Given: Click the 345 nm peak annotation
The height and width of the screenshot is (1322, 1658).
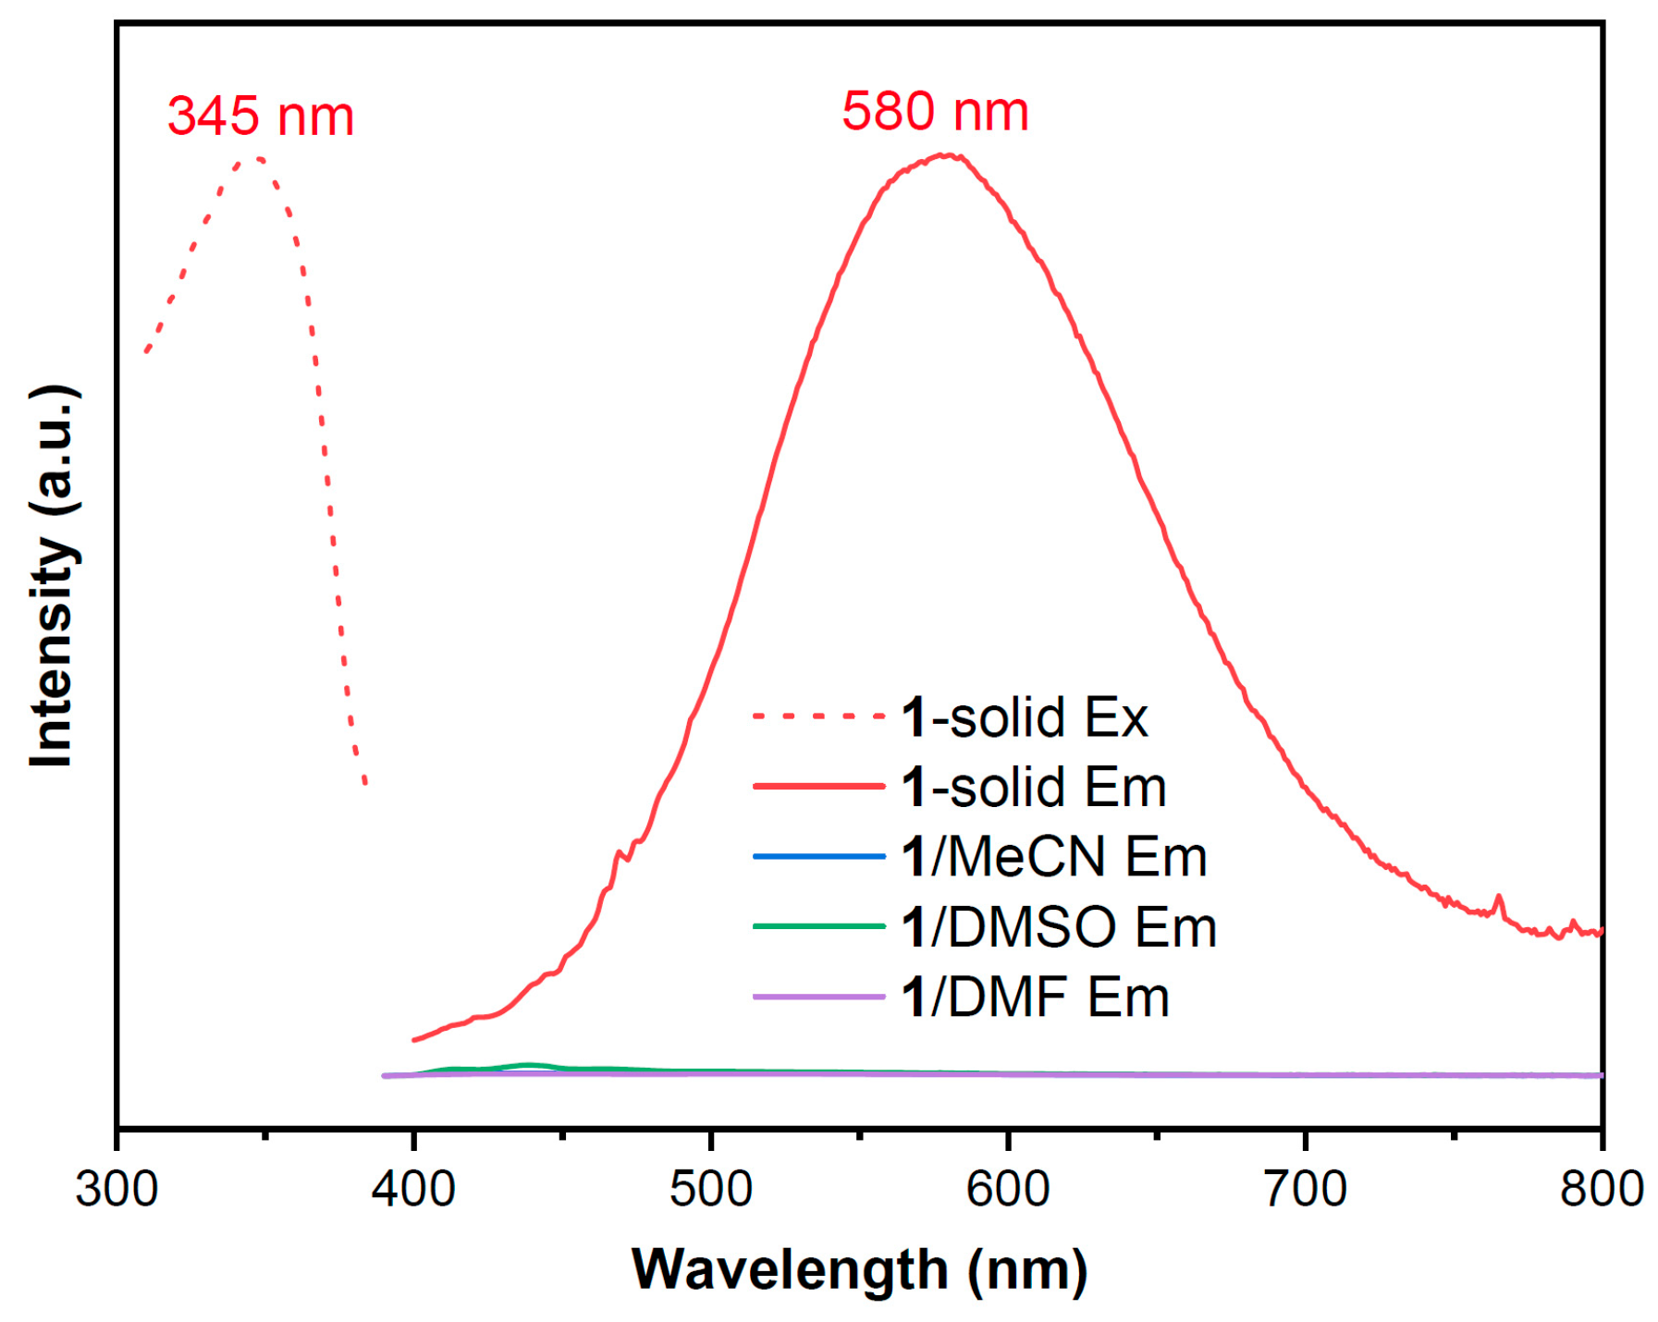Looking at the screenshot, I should coord(261,117).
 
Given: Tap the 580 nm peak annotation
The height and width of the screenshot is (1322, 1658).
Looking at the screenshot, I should coord(934,112).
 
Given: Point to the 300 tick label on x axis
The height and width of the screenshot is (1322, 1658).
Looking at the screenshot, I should coord(117,1188).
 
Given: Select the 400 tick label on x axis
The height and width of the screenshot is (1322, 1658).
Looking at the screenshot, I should coord(413,1188).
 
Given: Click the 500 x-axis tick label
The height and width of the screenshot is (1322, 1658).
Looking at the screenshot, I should coord(710,1188).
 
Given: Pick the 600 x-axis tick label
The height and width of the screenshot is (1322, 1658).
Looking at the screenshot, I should coord(1007,1188).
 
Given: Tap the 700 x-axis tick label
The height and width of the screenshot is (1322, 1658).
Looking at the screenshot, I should coord(1304,1188).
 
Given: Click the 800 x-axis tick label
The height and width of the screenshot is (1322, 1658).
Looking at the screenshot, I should coord(1601,1188).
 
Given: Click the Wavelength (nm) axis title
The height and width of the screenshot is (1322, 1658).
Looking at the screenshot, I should coord(859,1269).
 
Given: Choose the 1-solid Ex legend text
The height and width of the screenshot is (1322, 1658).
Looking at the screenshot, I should coord(1024,717).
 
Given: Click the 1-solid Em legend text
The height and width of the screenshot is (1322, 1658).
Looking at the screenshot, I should coord(1033,787).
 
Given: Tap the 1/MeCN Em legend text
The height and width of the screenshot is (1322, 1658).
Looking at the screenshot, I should coord(1053,857).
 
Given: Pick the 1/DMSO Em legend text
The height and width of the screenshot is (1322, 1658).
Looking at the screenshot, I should coord(1058,927).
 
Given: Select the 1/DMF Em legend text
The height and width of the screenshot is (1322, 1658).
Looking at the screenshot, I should coord(1035,998).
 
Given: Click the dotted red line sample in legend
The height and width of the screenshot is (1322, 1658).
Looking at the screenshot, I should coord(818,716).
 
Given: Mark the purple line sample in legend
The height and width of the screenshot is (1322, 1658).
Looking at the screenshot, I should coord(818,997).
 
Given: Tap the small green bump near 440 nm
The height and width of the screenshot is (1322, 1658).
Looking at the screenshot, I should coord(529,1065).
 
